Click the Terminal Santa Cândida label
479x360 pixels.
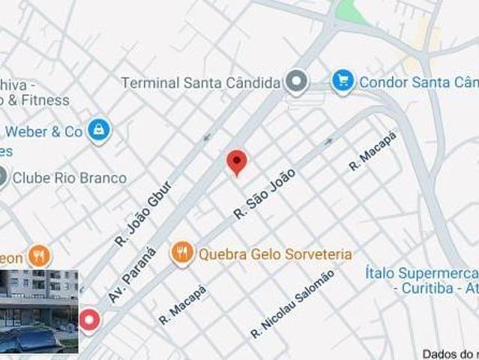pyautogui.click(x=201, y=82)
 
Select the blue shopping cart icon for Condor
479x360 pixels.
pyautogui.click(x=343, y=81)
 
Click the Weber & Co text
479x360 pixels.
pyautogui.click(x=43, y=132)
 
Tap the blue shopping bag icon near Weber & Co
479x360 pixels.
pyautogui.click(x=97, y=130)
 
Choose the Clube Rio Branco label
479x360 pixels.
pyautogui.click(x=70, y=178)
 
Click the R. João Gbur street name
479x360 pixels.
pyautogui.click(x=143, y=214)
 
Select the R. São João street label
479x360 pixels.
pyautogui.click(x=264, y=193)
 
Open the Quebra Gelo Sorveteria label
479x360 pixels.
pyautogui.click(x=274, y=254)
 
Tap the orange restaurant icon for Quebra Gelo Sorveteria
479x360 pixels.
pyautogui.click(x=182, y=253)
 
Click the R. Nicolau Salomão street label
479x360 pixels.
pyautogui.click(x=292, y=303)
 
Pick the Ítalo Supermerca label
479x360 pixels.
pyautogui.click(x=422, y=272)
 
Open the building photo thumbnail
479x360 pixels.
pyautogui.click(x=39, y=310)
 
